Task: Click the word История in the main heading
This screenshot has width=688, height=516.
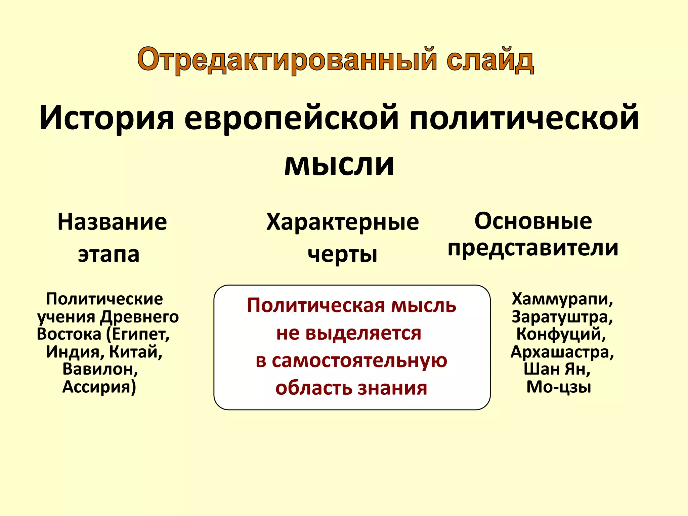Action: pyautogui.click(x=107, y=118)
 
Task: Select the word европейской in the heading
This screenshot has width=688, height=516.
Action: pyautogui.click(x=291, y=118)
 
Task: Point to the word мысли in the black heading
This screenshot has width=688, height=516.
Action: pyautogui.click(x=339, y=165)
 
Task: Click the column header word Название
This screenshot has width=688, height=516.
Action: pyautogui.click(x=112, y=222)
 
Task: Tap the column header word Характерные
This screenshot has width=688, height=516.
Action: pyautogui.click(x=342, y=222)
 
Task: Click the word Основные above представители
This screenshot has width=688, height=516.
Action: pyautogui.click(x=533, y=221)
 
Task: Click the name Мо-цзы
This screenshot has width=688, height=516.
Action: pyautogui.click(x=558, y=387)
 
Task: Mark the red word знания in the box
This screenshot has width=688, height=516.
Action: pyautogui.click(x=392, y=388)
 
